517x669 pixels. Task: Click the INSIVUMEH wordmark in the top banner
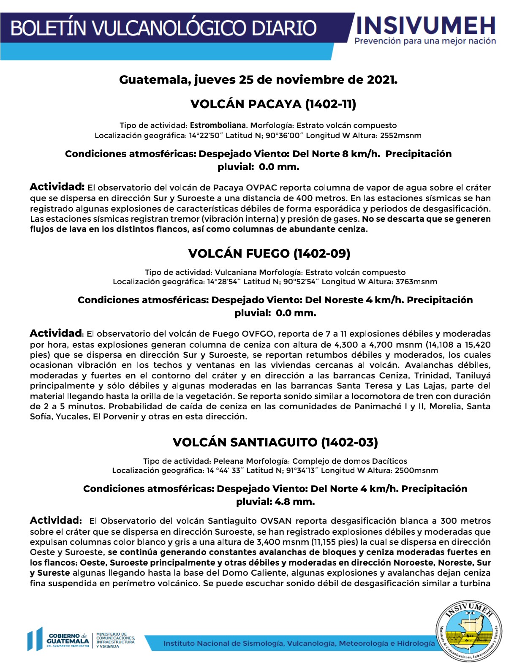click(x=426, y=25)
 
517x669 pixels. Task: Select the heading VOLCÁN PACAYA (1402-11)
click(x=273, y=104)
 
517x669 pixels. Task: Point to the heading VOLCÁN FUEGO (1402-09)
click(x=269, y=253)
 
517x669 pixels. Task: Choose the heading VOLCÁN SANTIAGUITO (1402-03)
click(x=275, y=442)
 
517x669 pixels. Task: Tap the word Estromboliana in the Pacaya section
click(x=218, y=125)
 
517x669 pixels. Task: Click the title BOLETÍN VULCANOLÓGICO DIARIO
click(x=163, y=28)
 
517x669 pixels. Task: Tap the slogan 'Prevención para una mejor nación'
click(x=425, y=41)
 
